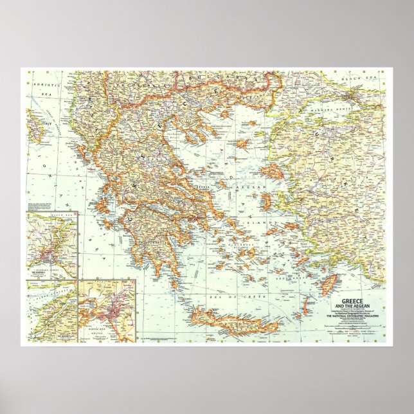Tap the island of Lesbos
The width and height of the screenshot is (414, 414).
[272, 170]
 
